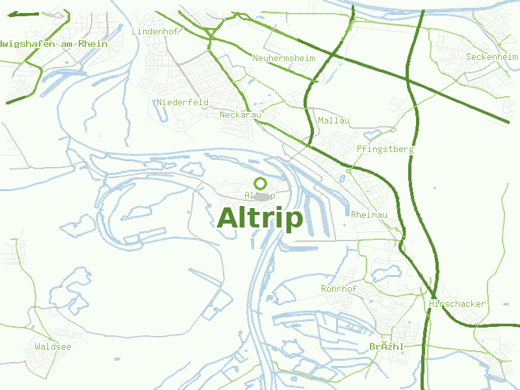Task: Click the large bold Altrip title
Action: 260,218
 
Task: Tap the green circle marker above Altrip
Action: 261,183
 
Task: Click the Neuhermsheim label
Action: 283,58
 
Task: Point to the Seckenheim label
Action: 491,57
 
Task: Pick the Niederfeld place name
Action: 183,102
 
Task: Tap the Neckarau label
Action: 240,115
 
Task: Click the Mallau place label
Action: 333,121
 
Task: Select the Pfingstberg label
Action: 385,149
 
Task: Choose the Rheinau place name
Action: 369,215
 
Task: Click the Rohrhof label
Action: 339,289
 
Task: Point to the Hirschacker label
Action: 458,304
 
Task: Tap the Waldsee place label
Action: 53,347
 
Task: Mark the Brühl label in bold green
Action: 386,347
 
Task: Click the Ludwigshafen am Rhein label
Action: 53,44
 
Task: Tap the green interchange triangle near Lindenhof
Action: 210,31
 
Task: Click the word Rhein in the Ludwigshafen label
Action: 94,44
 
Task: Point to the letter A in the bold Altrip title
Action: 228,218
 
